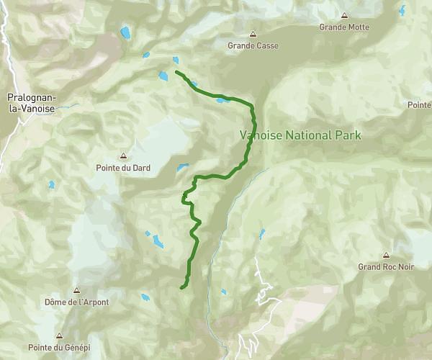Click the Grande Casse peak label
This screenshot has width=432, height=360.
[253, 45]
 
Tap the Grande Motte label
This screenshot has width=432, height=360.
[344, 27]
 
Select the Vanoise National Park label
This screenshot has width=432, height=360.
[300, 135]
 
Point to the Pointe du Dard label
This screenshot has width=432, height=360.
[123, 168]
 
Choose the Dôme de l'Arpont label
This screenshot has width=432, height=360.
[76, 302]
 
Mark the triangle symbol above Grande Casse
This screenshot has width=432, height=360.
[253, 34]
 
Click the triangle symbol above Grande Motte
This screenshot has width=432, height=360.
[344, 16]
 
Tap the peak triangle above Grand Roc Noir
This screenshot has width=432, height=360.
[386, 255]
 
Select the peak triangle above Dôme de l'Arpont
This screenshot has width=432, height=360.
[76, 291]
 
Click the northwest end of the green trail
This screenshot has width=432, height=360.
[176, 71]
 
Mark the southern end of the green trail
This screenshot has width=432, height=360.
[181, 288]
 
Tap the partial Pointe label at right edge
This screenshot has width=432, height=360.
[419, 105]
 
